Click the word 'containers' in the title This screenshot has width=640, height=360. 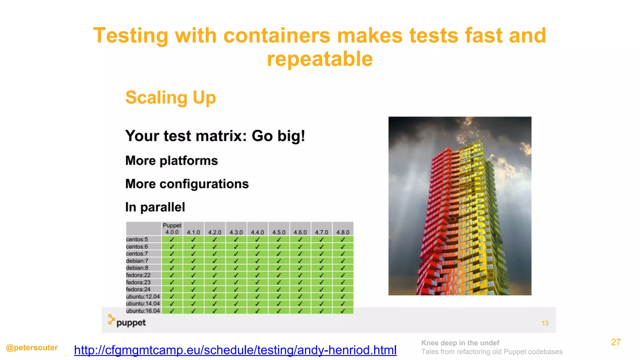[x=277, y=35]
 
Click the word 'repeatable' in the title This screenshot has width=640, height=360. [x=320, y=59]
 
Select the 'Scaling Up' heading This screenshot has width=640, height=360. [x=171, y=97]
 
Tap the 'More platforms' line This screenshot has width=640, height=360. [x=172, y=161]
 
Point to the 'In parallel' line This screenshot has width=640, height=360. [x=155, y=207]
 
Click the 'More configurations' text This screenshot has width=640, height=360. [x=187, y=184]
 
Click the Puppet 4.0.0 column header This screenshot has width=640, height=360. [x=172, y=229]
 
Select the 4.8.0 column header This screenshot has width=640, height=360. [x=343, y=232]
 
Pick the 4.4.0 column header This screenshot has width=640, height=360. [x=257, y=232]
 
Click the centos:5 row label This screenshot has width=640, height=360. [x=137, y=239]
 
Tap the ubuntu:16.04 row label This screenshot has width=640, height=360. [x=143, y=311]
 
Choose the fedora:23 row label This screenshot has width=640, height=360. [x=138, y=282]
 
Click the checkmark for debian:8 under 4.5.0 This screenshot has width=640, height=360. [x=279, y=268]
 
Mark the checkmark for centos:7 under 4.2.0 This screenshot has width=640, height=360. [x=215, y=254]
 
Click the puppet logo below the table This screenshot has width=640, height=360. [x=127, y=322]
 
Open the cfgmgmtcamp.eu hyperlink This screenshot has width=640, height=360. [x=235, y=350]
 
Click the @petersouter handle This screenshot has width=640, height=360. [x=32, y=347]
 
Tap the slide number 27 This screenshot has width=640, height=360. [x=616, y=342]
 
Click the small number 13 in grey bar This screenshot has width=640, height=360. [x=545, y=323]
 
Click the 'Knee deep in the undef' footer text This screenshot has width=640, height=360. [x=460, y=343]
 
